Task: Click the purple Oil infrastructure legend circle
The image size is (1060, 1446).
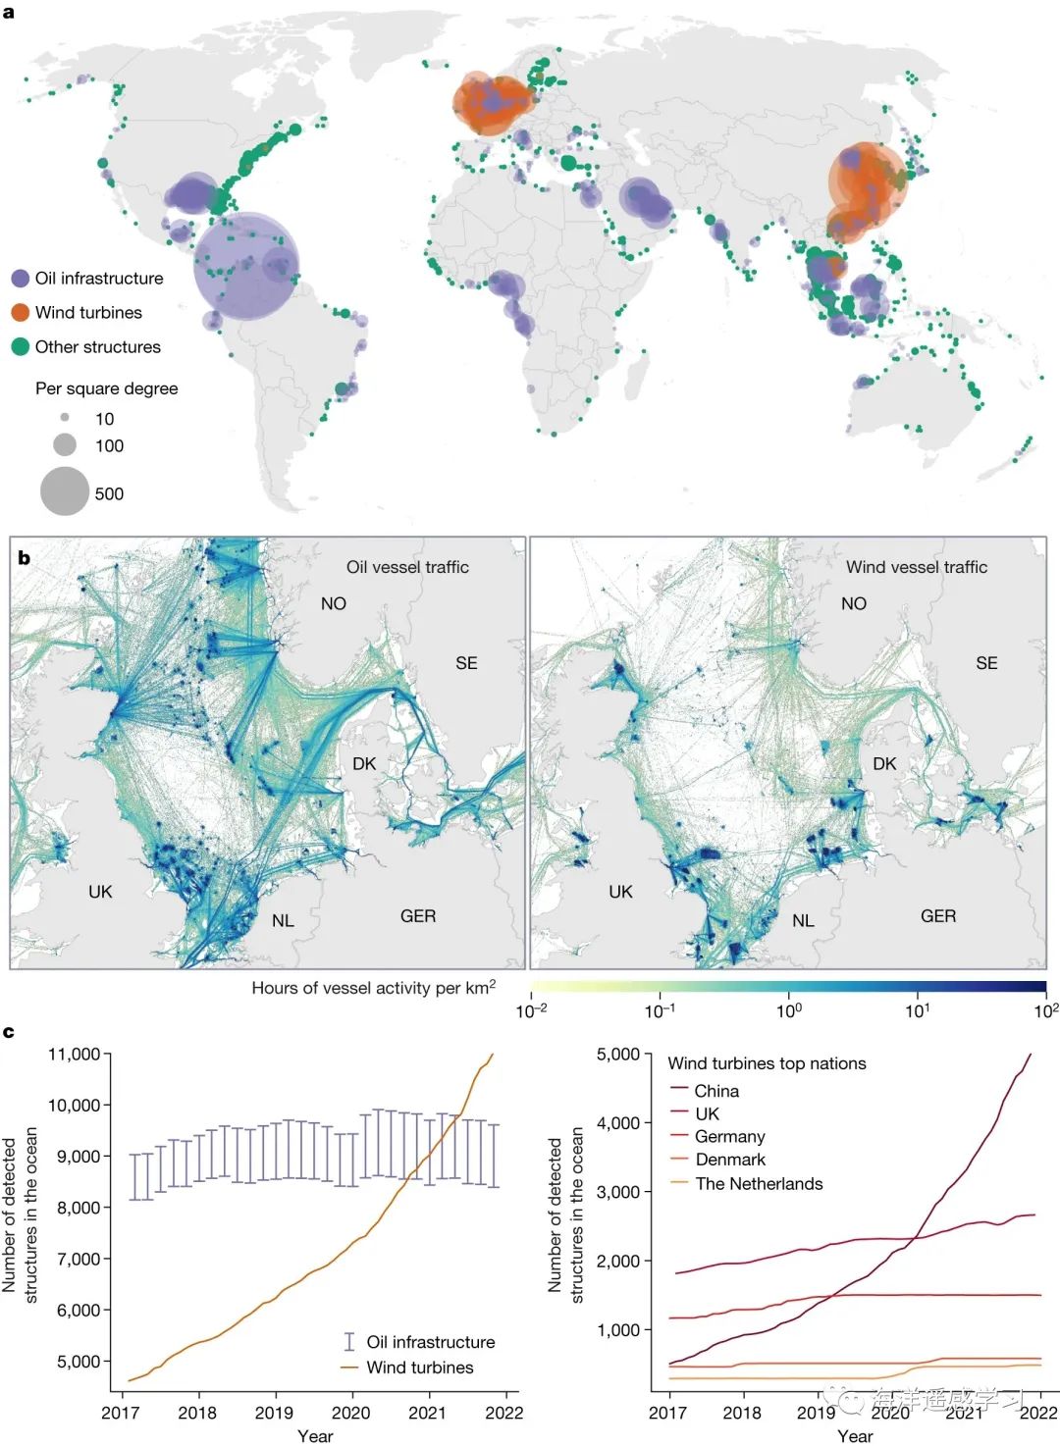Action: [x=20, y=279]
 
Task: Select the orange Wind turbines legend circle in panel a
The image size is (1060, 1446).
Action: [x=20, y=313]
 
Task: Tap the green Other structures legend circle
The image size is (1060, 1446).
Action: [x=20, y=347]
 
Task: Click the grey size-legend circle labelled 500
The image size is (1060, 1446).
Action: [x=65, y=491]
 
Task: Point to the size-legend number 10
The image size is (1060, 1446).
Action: [x=104, y=419]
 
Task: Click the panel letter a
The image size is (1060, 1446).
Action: [x=9, y=13]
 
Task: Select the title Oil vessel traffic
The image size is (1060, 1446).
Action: [x=407, y=567]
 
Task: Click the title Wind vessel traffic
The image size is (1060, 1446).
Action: [x=917, y=567]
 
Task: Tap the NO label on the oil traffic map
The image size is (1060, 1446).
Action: [x=334, y=604]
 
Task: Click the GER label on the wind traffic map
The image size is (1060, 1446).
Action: [x=938, y=916]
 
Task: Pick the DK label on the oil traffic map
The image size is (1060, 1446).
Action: [x=364, y=764]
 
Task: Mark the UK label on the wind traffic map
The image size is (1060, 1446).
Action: [x=620, y=892]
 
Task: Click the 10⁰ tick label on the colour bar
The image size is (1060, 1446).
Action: [x=789, y=1010]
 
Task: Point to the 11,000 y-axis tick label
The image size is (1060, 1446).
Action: [x=75, y=1055]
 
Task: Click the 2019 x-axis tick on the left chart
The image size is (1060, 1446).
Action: [x=274, y=1413]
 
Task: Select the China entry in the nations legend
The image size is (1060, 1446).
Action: [x=716, y=1091]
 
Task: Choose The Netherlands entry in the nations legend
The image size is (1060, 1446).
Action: [x=759, y=1184]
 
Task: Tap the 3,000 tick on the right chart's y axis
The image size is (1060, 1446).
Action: [x=618, y=1192]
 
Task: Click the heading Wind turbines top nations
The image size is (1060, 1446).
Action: [x=767, y=1063]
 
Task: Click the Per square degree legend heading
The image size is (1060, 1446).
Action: [x=107, y=388]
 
